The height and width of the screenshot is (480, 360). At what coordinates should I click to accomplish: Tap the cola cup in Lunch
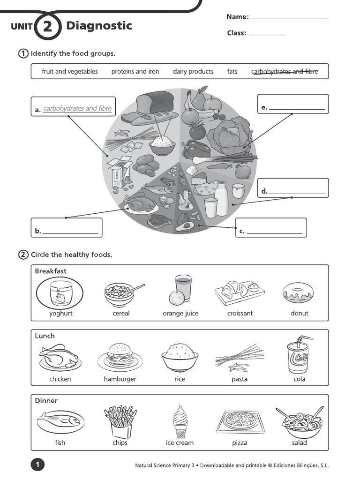coord(299,357)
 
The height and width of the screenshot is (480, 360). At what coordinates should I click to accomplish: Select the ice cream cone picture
coord(180,420)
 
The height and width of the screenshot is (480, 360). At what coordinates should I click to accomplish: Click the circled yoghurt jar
coord(60,293)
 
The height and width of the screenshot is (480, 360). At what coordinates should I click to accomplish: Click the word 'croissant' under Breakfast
coord(240,313)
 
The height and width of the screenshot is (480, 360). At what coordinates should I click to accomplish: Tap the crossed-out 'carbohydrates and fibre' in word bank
coord(285,72)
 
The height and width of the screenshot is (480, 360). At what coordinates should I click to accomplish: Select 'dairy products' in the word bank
coord(193,72)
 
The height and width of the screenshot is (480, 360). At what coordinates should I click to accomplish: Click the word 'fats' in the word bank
coord(232,72)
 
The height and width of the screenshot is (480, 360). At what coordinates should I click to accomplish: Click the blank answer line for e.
coord(297,109)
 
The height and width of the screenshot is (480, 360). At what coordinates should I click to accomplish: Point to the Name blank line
coord(290,18)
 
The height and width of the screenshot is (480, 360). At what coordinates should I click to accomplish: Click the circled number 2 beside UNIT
coord(48,27)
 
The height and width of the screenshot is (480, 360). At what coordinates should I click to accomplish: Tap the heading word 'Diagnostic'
coord(99,26)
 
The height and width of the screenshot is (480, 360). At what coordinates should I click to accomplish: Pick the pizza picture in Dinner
coord(240,420)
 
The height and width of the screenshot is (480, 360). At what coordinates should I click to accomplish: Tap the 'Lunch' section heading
coord(45,336)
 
